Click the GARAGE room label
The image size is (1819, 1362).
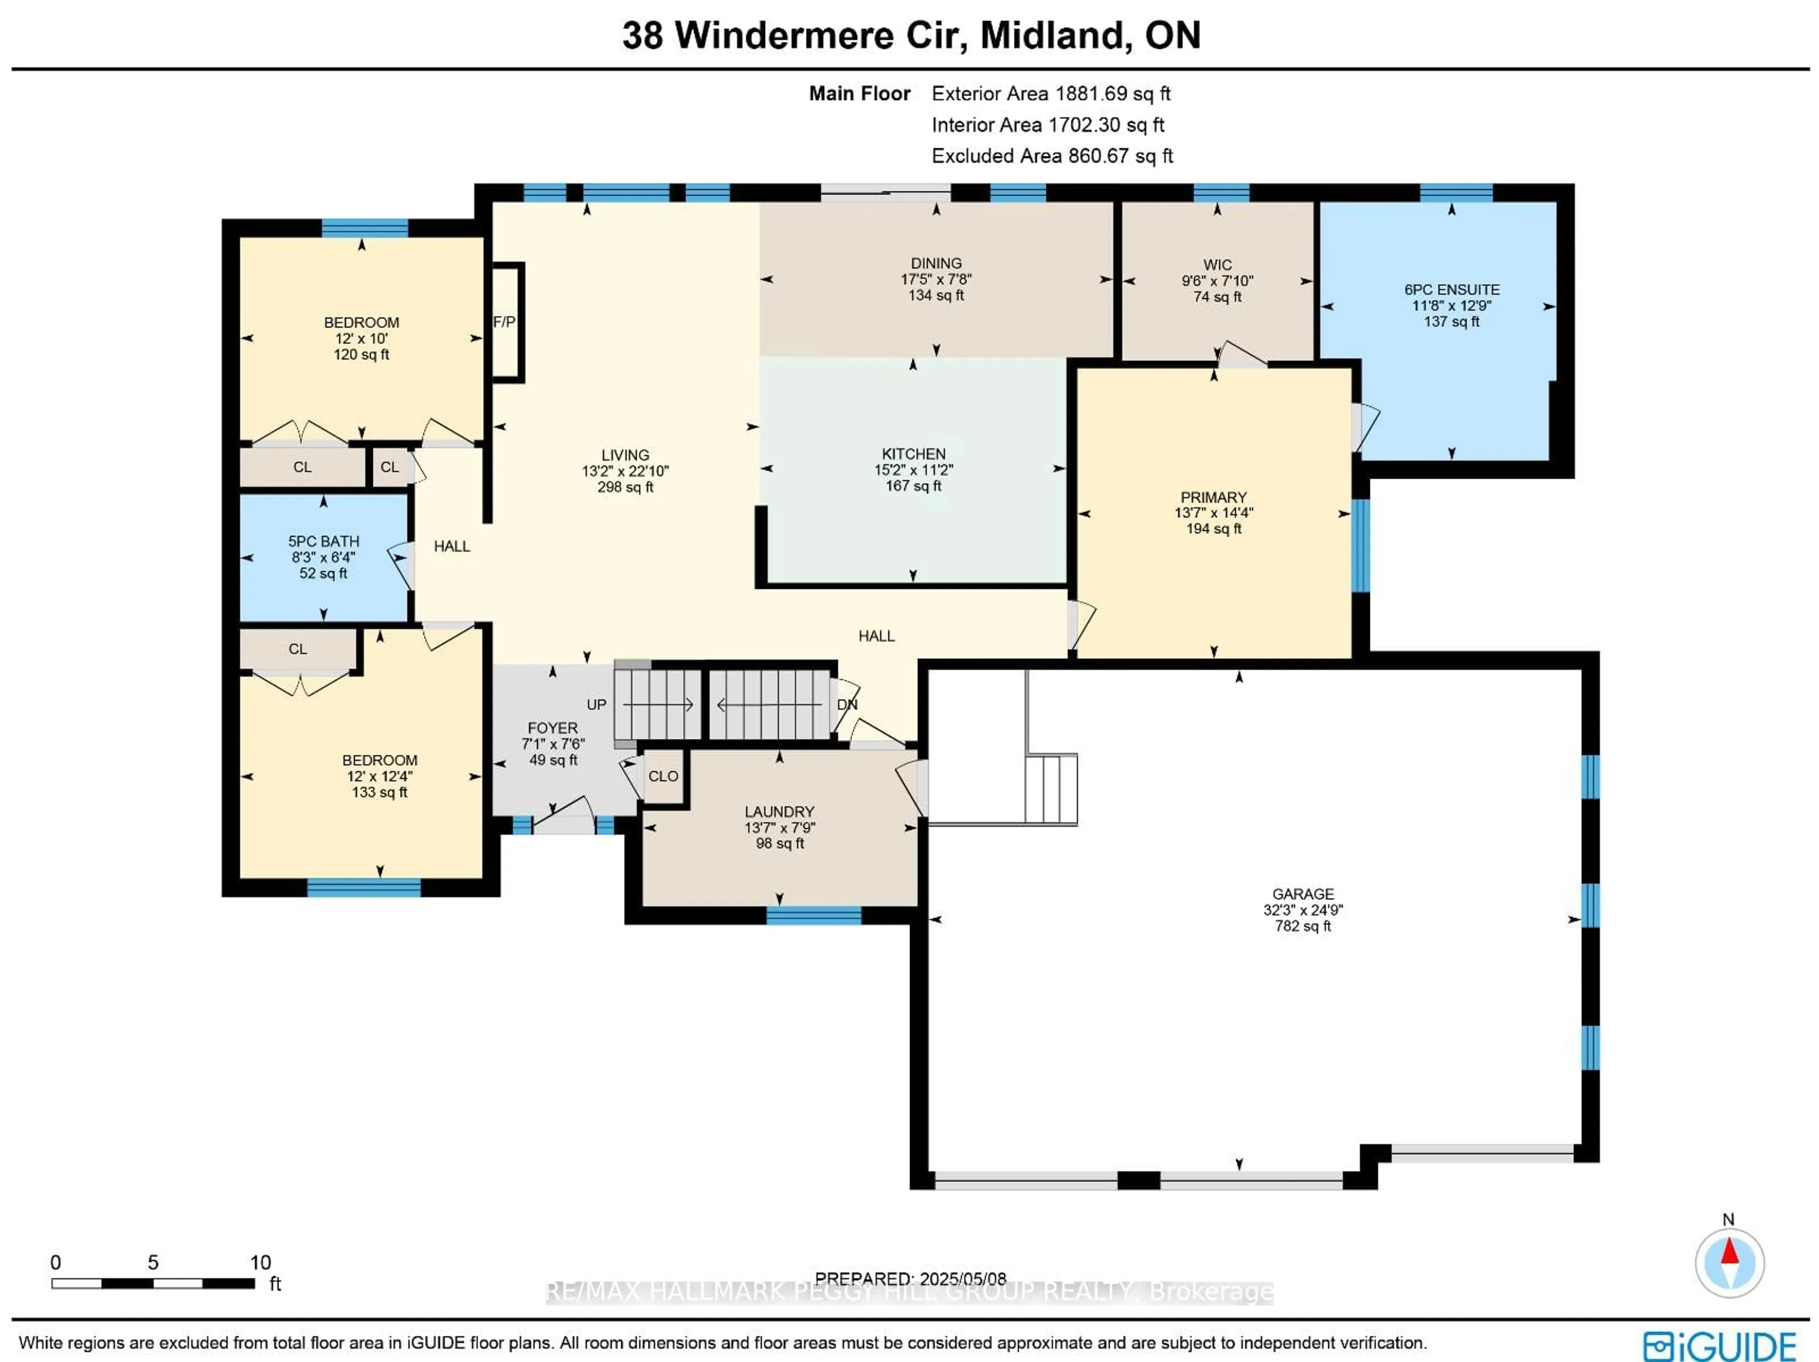pos(1303,894)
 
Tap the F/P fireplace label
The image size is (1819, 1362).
pos(504,322)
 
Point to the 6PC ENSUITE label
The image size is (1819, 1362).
pos(1451,289)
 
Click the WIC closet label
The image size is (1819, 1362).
pos(1217,265)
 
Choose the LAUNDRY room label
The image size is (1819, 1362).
pos(779,812)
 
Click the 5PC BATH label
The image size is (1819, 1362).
pos(323,541)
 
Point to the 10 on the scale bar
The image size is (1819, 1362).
pos(260,1263)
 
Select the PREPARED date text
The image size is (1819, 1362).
pos(910,1279)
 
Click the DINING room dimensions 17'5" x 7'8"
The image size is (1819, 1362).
pos(936,280)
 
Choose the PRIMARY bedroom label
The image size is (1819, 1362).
pos(1213,497)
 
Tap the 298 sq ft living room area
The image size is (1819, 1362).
pos(625,487)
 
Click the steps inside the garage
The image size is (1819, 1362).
pos(1051,790)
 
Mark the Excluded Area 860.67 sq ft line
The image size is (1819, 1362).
pos(1052,156)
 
